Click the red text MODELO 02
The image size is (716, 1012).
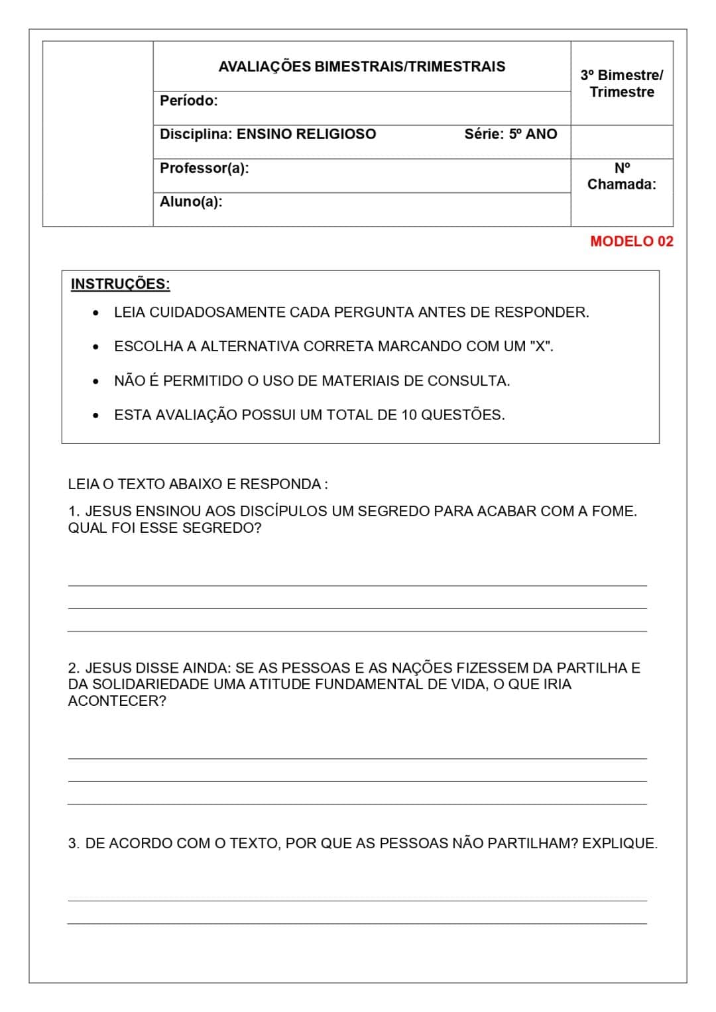click(x=631, y=241)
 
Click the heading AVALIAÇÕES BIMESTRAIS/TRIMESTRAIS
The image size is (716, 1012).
click(x=361, y=67)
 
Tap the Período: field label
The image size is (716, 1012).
click(x=188, y=101)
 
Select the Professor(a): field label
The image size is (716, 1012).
click(x=204, y=168)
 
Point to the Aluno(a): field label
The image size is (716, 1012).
click(x=191, y=201)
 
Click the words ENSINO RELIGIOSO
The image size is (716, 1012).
click(x=306, y=134)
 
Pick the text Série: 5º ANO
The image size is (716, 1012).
click(x=510, y=134)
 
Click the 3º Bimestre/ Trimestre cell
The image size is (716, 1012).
click(x=621, y=84)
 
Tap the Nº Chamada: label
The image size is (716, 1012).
click(x=621, y=176)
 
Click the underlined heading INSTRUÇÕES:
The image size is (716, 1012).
click(x=120, y=284)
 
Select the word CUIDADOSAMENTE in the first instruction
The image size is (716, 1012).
click(x=217, y=312)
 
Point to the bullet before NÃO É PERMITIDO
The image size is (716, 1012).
click(x=97, y=382)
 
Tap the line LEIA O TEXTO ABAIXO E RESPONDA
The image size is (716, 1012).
click(x=197, y=484)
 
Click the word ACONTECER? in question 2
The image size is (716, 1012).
click(x=117, y=701)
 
